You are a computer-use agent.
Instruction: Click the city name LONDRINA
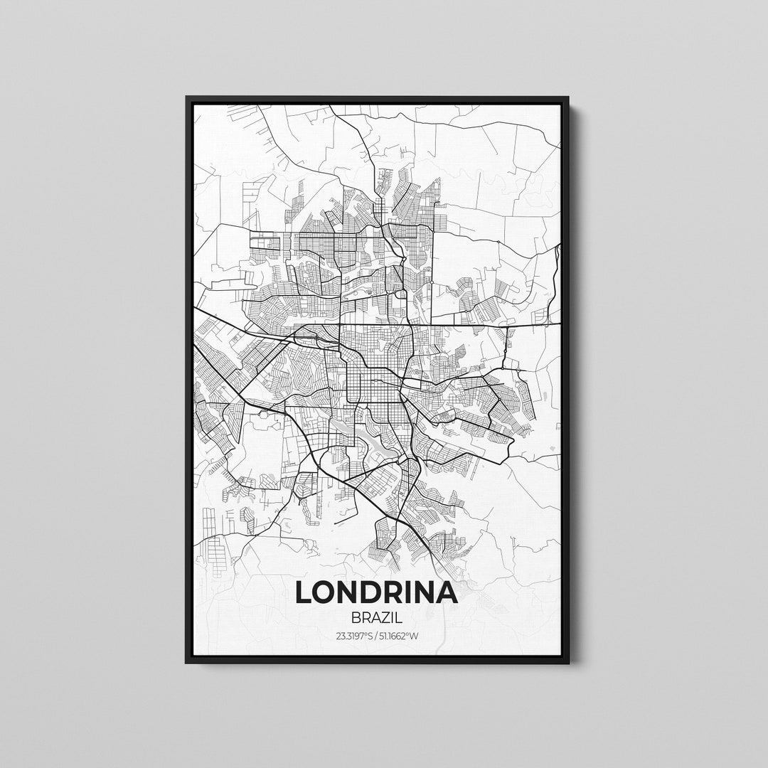376,592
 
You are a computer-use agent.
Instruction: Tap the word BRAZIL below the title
376,618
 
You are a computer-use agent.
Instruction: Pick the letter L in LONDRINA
303,592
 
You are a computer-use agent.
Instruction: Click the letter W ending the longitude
414,636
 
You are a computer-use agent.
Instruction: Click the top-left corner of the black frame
186,97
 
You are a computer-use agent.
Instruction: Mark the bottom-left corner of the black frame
186,663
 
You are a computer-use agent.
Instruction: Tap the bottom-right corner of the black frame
569,663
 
